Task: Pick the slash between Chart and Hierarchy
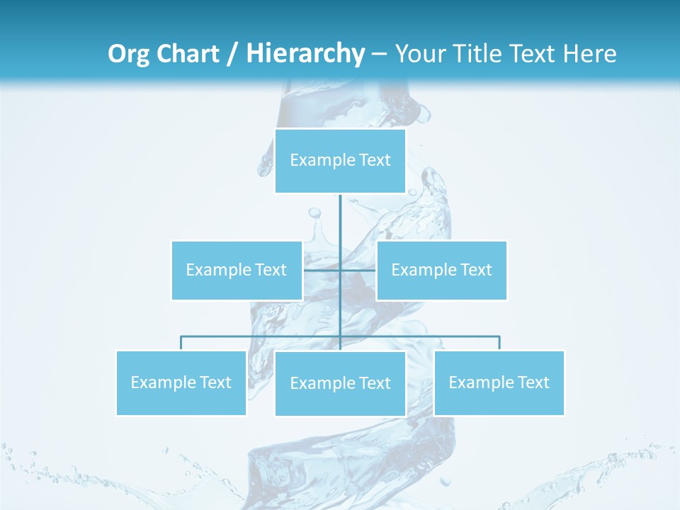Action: point(232,55)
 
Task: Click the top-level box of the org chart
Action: point(340,161)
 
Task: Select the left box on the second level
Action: point(237,270)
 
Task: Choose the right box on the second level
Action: point(441,270)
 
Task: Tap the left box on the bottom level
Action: point(181,382)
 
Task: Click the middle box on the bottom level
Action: point(340,383)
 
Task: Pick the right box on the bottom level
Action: point(499,382)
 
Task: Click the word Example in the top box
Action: point(315,161)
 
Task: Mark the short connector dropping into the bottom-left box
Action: point(181,343)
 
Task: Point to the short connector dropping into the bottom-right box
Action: point(499,343)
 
